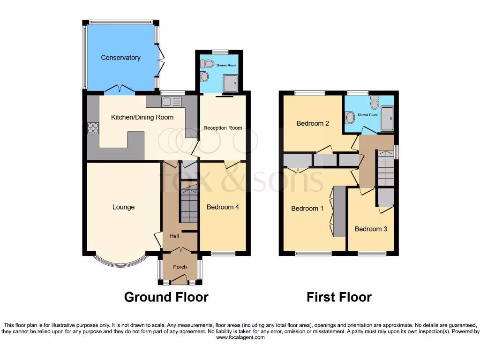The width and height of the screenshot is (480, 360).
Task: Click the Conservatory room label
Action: pos(120,58)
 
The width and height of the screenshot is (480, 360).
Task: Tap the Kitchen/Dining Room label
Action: pos(142,117)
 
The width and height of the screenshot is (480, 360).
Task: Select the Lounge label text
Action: pos(123,207)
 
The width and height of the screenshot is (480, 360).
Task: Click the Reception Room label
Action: pos(223,128)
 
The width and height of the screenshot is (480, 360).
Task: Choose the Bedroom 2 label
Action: pos(313,123)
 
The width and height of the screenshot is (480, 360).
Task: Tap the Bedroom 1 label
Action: pos(307,208)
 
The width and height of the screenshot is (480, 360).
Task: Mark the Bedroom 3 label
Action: pos(371,229)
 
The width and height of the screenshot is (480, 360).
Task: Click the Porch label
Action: pos(180,267)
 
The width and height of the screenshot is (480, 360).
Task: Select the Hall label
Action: pos(174,236)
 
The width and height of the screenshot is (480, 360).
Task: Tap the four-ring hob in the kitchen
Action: pos(93,128)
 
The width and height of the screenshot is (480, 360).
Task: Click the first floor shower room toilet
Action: pos(374,103)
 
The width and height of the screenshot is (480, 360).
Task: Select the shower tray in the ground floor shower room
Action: pos(230,83)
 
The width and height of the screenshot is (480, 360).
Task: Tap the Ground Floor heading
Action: pos(166,297)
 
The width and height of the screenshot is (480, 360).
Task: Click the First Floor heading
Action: pos(339,297)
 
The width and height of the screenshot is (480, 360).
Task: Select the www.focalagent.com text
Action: pos(240,337)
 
